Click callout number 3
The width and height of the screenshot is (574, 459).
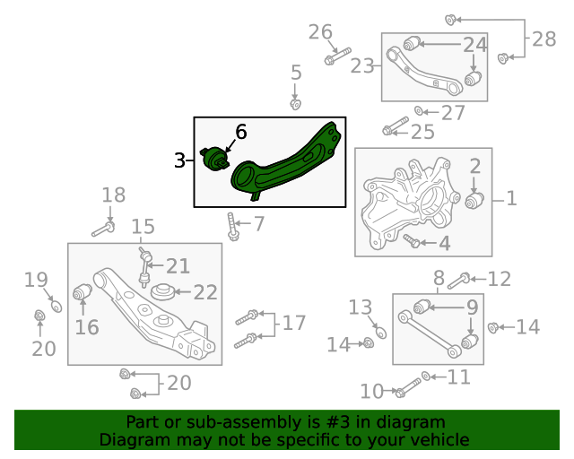pyautogui.click(x=180, y=161)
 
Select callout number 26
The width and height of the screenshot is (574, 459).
pyautogui.click(x=320, y=33)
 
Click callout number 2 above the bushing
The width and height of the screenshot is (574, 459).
pyautogui.click(x=475, y=166)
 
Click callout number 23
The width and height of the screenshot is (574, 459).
pyautogui.click(x=362, y=66)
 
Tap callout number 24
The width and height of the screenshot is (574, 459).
pyautogui.click(x=474, y=45)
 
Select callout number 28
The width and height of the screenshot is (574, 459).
pyautogui.click(x=544, y=39)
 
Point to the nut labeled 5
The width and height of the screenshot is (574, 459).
pyautogui.click(x=295, y=105)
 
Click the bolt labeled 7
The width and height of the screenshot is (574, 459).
pyautogui.click(x=232, y=227)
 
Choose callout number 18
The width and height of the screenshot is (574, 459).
pyautogui.click(x=114, y=195)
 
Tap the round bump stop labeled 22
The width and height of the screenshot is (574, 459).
pyautogui.click(x=163, y=291)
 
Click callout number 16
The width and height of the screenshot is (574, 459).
pyautogui.click(x=87, y=326)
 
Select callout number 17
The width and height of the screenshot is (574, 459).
pyautogui.click(x=294, y=324)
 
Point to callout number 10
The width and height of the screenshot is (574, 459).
pyautogui.click(x=371, y=391)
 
